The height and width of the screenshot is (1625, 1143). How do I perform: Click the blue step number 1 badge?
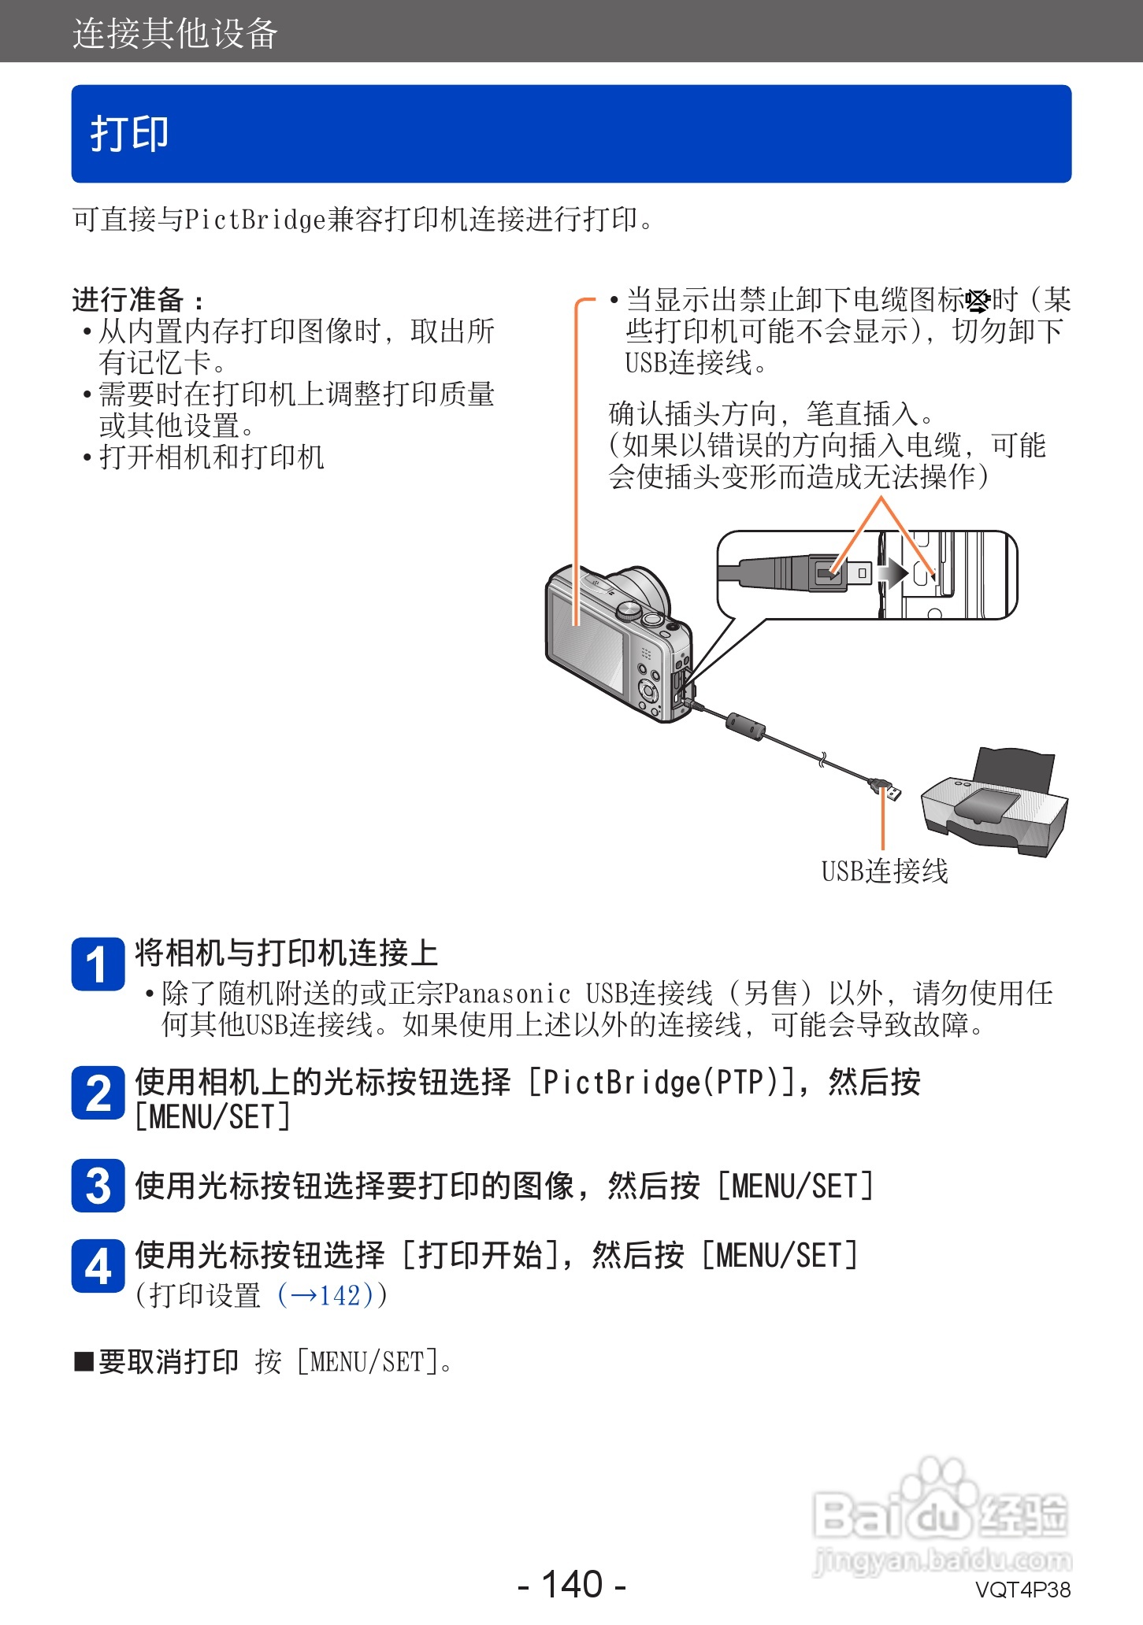click(x=98, y=964)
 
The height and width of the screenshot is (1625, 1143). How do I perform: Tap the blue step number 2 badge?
click(x=98, y=1093)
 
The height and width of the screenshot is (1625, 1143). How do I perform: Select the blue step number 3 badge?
click(x=98, y=1186)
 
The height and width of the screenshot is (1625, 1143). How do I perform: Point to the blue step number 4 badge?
click(x=98, y=1266)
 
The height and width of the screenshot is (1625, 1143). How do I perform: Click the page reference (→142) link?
click(x=331, y=1295)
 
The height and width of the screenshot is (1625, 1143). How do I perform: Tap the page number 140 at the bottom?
click(x=572, y=1583)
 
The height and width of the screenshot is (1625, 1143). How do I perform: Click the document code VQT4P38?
click(x=1022, y=1590)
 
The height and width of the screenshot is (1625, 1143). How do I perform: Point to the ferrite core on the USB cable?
click(x=745, y=726)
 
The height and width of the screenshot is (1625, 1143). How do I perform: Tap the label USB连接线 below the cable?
click(x=885, y=872)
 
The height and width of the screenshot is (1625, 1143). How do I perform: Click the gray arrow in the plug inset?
click(x=893, y=573)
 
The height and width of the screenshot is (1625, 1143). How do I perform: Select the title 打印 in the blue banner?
click(x=130, y=134)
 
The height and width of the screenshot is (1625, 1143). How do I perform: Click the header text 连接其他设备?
click(x=175, y=34)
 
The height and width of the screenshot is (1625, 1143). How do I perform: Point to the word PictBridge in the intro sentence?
click(x=254, y=220)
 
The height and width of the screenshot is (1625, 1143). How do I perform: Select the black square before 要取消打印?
click(x=83, y=1361)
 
